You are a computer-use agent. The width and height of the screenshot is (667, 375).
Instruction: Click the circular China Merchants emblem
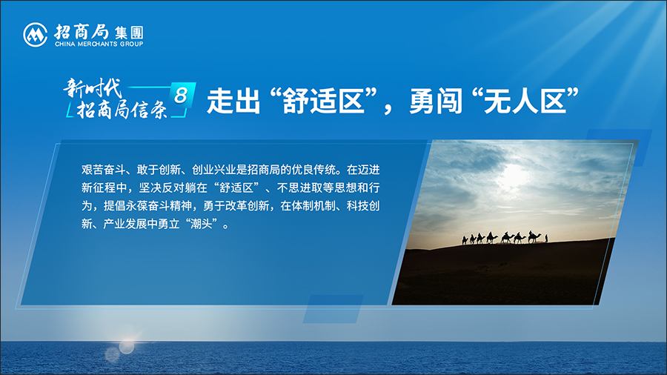pos(36,34)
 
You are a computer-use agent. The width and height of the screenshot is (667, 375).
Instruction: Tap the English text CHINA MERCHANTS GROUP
pos(99,44)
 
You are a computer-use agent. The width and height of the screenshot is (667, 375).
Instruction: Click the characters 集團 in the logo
pos(129,33)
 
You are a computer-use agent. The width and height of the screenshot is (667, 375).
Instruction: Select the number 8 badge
pos(182,95)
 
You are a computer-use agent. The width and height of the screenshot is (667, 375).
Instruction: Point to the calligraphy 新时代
pos(93,88)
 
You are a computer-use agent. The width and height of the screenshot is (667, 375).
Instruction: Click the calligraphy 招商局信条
pos(122,110)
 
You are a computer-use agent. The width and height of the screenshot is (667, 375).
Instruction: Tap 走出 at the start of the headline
pos(233,102)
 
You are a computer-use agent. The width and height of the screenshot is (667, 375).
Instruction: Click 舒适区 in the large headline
pos(324,102)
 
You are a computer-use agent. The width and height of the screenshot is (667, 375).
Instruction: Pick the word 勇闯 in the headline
pos(436,102)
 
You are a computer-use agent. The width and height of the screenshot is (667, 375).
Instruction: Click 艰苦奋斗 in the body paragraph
pos(103,170)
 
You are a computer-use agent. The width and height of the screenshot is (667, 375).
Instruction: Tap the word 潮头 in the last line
pos(202,224)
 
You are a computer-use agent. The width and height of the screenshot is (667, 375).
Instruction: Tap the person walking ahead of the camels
pos(546,239)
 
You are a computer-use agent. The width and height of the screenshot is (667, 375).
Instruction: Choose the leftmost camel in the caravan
pos(465,240)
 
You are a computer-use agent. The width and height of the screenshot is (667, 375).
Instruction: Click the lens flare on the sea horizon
pos(126,347)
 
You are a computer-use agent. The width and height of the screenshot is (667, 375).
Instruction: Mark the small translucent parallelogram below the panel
pos(333,309)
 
